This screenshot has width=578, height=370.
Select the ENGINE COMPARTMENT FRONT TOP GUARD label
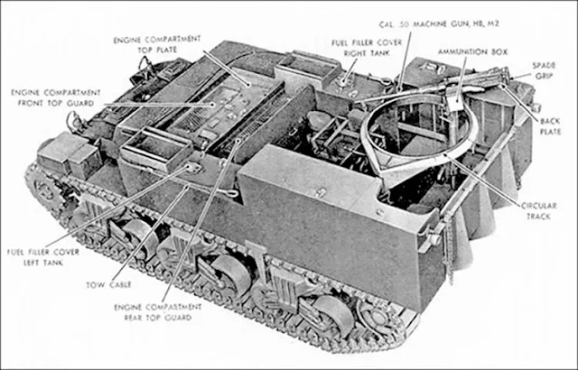(x=48, y=98)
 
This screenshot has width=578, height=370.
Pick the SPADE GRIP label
(x=542, y=70)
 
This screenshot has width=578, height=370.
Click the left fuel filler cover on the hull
(x=191, y=168)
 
